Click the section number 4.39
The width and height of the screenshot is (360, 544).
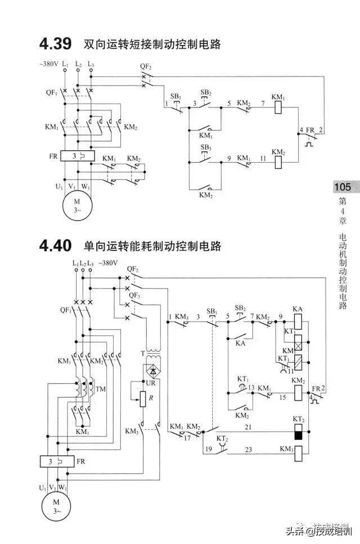point(55,43)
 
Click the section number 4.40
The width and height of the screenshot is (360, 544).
point(55,246)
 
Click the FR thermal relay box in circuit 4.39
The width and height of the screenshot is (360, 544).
point(78,156)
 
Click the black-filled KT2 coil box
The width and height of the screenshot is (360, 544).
point(299,433)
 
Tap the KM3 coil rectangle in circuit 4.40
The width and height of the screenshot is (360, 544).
point(299,450)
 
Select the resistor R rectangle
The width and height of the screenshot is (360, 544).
point(143,399)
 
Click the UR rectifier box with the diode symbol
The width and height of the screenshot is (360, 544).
point(151,371)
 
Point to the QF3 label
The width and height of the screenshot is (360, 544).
point(134,295)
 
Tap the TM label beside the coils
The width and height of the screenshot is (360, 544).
point(101,389)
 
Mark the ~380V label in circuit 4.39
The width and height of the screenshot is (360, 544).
point(49,64)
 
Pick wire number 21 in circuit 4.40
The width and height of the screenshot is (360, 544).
point(247,428)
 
